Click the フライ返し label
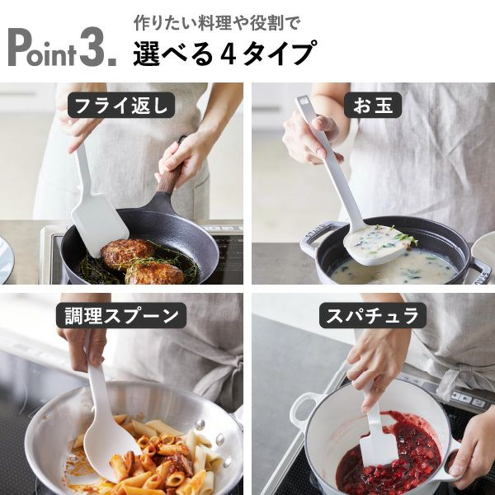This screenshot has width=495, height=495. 120,106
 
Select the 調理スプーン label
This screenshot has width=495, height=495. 121,314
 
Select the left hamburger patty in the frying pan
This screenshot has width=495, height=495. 127,252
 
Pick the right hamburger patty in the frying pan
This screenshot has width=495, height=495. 154,272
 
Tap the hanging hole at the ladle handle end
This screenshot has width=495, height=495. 304,103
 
